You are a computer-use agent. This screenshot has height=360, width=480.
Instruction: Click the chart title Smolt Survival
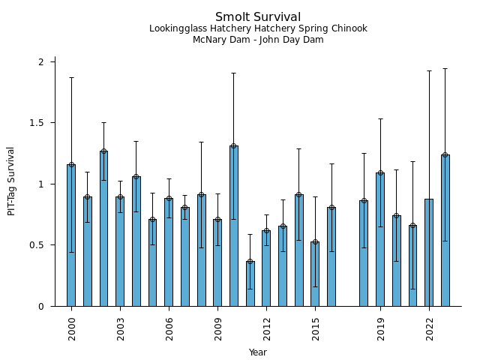pos(258,17)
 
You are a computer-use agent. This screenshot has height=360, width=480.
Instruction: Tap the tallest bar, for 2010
pos(234,226)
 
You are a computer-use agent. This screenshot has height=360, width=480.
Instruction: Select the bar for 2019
pos(380,239)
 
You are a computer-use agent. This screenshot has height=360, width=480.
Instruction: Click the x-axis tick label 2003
pos(121,329)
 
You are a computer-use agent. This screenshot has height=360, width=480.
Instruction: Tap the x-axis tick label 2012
pos(267,329)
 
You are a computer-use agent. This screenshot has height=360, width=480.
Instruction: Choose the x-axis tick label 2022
pos(430,329)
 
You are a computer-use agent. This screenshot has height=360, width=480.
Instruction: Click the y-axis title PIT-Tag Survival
pos(11,181)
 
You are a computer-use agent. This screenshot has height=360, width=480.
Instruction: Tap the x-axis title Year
pos(258,352)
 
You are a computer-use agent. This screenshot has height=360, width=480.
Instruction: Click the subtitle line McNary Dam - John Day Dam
pos(258,40)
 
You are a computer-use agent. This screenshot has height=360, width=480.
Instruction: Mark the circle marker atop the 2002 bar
pos(103,151)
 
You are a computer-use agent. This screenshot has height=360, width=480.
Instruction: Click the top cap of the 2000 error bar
pos(71,77)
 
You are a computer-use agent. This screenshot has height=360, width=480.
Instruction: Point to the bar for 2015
pos(315,274)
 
